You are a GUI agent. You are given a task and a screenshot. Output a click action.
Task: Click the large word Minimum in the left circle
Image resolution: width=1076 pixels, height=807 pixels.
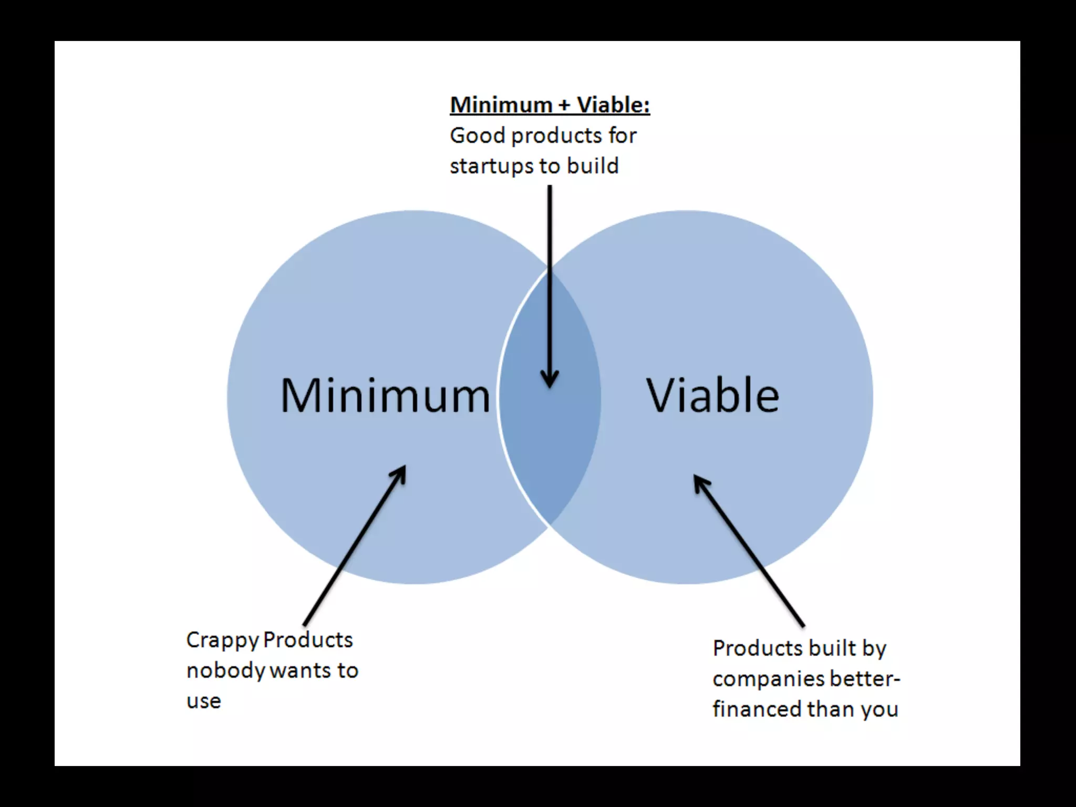pyautogui.click(x=385, y=395)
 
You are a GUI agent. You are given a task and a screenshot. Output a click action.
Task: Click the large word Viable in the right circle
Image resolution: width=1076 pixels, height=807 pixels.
pyautogui.click(x=712, y=395)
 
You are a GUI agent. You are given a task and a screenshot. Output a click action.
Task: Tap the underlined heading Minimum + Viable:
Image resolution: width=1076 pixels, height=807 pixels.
pyautogui.click(x=550, y=105)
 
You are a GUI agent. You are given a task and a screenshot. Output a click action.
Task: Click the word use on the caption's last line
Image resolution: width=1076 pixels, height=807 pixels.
pyautogui.click(x=204, y=701)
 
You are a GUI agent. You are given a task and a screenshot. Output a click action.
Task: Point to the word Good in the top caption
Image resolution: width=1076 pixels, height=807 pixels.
pyautogui.click(x=478, y=136)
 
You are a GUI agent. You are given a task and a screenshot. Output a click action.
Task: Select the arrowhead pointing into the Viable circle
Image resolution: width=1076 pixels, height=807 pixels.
pyautogui.click(x=700, y=482)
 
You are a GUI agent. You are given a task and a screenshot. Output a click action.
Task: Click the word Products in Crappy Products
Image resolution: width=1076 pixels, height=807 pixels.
pyautogui.click(x=308, y=640)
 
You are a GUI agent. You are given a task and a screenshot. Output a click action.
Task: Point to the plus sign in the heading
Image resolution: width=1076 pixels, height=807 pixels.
pyautogui.click(x=564, y=106)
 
